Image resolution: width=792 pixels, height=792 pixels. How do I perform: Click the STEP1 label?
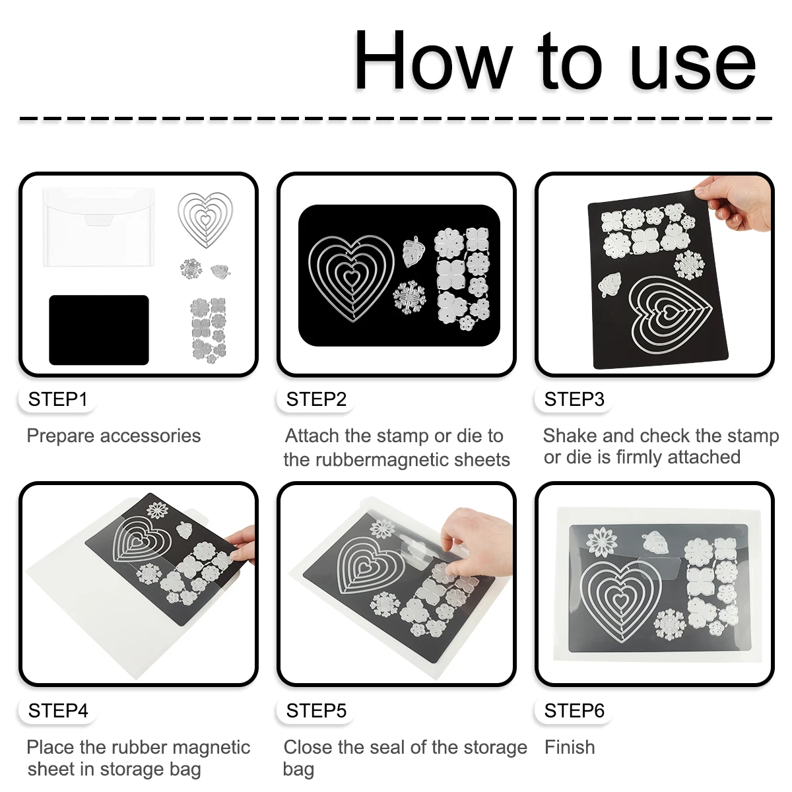click(x=57, y=399)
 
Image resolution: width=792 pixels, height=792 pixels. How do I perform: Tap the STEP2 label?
click(x=316, y=399)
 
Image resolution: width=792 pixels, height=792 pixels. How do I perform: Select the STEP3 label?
click(x=574, y=399)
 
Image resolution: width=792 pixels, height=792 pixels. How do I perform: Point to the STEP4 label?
click(x=58, y=711)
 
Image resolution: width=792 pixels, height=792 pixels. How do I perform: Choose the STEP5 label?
click(x=316, y=711)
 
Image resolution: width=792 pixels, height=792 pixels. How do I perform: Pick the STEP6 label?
click(x=574, y=711)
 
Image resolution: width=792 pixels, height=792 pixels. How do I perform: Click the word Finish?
click(x=570, y=747)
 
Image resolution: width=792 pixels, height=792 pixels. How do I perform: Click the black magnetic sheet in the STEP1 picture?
click(x=98, y=329)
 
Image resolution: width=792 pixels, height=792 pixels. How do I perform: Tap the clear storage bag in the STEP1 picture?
click(x=98, y=227)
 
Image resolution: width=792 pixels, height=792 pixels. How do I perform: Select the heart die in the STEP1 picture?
click(x=205, y=220)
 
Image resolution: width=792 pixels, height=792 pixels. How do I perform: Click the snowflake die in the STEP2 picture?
click(x=409, y=298)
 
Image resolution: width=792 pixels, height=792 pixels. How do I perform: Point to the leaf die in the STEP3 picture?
click(x=610, y=284)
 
